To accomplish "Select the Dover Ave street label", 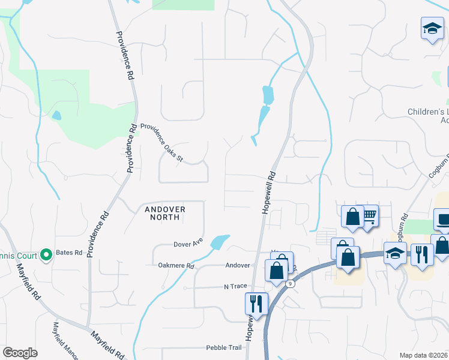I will pos(188,244).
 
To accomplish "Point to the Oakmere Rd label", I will pos(176,265).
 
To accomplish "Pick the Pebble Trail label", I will pos(223,347).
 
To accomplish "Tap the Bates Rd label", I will pos(70,253).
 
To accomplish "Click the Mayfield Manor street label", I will pos(65,341).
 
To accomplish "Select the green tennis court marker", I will pos(45,256).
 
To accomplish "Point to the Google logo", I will pos(20,353).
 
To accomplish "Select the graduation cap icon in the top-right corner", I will pos(431,28).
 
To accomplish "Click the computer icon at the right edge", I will pos(444,220).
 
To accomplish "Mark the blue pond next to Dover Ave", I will pos(220,242).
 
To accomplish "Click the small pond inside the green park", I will pos(56,115).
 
